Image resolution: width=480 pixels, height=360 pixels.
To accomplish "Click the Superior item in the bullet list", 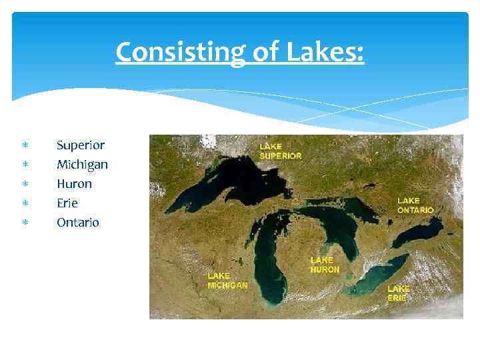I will [x=80, y=145].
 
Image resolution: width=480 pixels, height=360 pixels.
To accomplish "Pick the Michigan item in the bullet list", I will [x=82, y=164].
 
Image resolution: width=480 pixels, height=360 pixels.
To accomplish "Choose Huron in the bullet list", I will [x=74, y=183].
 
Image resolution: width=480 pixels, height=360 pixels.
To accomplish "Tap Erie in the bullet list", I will [x=67, y=203].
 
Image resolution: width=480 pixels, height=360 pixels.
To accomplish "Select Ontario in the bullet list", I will [x=77, y=222].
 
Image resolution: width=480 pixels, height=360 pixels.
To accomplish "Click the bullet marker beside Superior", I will [x=25, y=145].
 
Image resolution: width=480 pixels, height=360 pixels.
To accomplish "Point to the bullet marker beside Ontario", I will [x=25, y=223].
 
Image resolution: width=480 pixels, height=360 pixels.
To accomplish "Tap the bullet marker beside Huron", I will [x=25, y=184].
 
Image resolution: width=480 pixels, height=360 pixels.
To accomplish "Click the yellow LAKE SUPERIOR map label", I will [x=280, y=151].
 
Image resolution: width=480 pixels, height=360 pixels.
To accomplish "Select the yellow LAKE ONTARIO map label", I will [x=415, y=205].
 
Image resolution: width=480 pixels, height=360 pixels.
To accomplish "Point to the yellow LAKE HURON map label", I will [x=325, y=265].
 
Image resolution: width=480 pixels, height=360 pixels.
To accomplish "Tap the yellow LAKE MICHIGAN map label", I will [x=227, y=280].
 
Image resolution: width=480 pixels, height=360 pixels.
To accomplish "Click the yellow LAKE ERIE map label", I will [x=398, y=293].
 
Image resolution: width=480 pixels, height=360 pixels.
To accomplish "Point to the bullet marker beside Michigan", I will [x=25, y=165].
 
